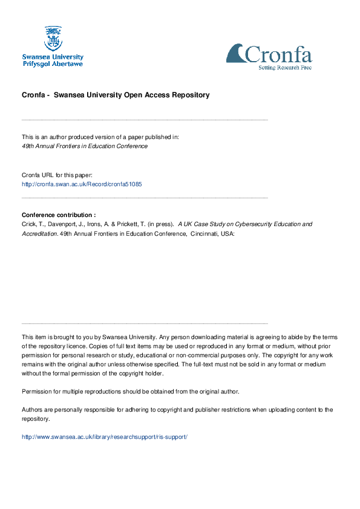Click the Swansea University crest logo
pos(53,38)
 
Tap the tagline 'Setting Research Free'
pos(285,68)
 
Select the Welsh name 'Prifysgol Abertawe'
pos(53,63)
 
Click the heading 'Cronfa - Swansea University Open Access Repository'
pos(116,95)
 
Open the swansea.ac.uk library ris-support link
pos(105,436)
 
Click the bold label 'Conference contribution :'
pos(59,215)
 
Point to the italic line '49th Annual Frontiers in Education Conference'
pos(85,146)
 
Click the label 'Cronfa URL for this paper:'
pos(57,175)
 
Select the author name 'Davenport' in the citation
pos(59,224)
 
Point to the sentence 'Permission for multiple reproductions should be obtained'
pos(130,391)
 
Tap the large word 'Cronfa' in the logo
pos(279,55)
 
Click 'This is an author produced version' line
pos(100,137)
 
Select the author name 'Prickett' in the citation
pos(126,224)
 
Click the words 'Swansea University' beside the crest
pos(53,56)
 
